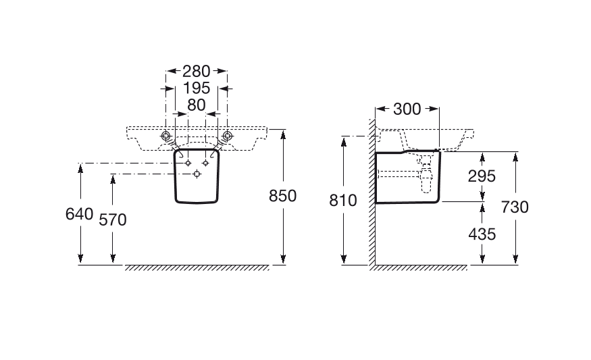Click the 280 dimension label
click(196, 71)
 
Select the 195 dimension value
click(196, 88)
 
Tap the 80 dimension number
click(197, 105)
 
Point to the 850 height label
click(283, 196)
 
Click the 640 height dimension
click(79, 214)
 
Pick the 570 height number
click(113, 220)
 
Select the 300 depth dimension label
click(407, 109)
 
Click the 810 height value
click(343, 201)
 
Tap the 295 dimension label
click(482, 176)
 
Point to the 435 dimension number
click(482, 234)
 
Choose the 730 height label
click(515, 207)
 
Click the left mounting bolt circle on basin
click(166, 136)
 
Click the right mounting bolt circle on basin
click(227, 136)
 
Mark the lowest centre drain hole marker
click(197, 174)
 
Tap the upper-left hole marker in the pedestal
click(188, 163)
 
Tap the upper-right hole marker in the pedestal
click(205, 163)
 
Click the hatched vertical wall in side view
click(372, 192)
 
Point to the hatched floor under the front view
click(197, 268)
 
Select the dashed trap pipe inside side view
click(427, 174)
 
